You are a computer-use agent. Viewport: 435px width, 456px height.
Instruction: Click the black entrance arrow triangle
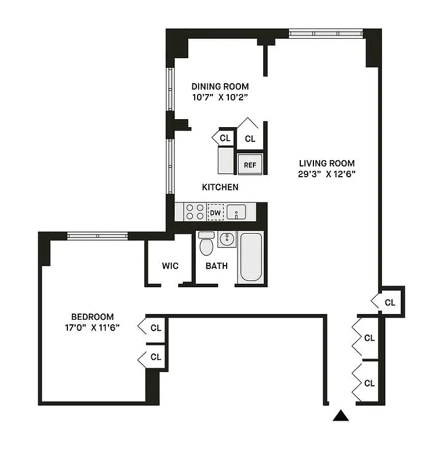[341, 417]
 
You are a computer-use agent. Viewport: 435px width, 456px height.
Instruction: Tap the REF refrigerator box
[250, 164]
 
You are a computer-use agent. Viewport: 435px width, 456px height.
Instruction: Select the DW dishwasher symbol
[215, 213]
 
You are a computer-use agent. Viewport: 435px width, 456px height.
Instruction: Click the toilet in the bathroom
[206, 245]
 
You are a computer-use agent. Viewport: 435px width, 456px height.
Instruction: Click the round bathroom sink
[227, 239]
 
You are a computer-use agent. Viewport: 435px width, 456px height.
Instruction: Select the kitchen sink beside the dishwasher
[236, 213]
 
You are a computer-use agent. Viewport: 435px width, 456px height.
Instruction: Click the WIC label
[170, 266]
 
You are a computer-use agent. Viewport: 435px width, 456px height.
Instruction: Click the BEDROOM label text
[92, 317]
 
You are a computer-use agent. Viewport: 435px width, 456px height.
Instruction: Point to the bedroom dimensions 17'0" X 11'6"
[92, 328]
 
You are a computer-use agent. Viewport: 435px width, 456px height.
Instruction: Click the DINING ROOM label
[220, 87]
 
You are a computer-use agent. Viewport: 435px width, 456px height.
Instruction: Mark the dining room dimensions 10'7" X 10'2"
[220, 97]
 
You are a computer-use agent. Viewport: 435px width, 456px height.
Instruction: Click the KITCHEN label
[220, 187]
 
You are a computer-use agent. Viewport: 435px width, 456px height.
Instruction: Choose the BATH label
[216, 266]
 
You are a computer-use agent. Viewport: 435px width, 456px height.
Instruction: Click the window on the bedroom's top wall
[97, 235]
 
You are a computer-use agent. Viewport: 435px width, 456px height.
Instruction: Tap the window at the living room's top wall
[325, 34]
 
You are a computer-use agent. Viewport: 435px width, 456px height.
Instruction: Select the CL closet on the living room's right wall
[390, 302]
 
